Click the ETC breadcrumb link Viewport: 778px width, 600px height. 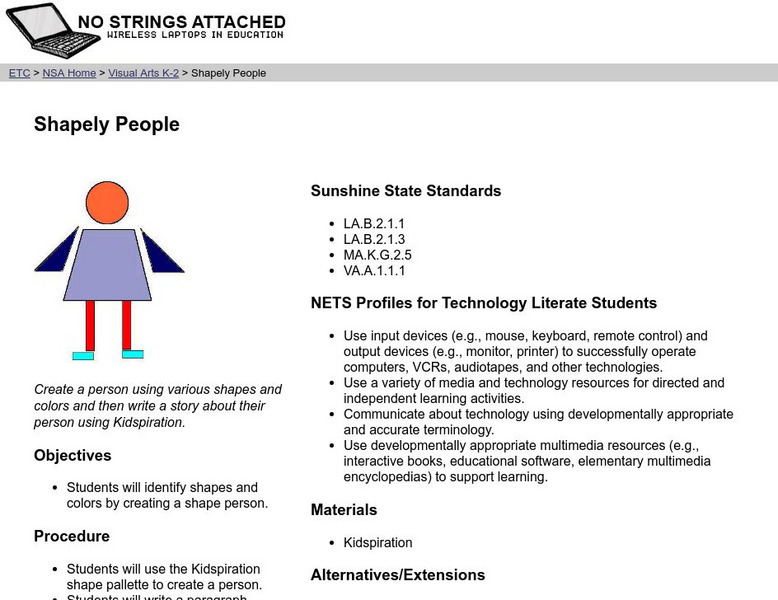click(19, 73)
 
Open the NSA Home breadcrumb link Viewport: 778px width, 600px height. click(70, 73)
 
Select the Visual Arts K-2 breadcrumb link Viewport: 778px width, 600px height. click(143, 73)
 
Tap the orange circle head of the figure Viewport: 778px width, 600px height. click(107, 203)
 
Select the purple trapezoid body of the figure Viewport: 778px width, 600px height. click(108, 265)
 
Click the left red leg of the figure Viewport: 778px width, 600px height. click(90, 325)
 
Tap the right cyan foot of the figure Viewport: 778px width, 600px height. click(132, 354)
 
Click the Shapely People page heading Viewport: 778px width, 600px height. click(107, 125)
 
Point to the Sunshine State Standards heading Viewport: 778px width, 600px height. click(406, 191)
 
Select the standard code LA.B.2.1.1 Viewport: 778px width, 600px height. click(374, 224)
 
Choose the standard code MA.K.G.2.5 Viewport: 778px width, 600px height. click(377, 255)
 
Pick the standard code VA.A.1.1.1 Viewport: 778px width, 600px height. click(374, 271)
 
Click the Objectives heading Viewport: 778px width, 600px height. click(73, 456)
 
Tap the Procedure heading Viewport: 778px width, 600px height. click(72, 537)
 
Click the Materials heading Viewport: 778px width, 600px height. click(344, 510)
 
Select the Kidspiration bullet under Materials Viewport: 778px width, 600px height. click(378, 543)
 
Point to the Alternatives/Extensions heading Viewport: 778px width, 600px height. click(398, 575)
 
